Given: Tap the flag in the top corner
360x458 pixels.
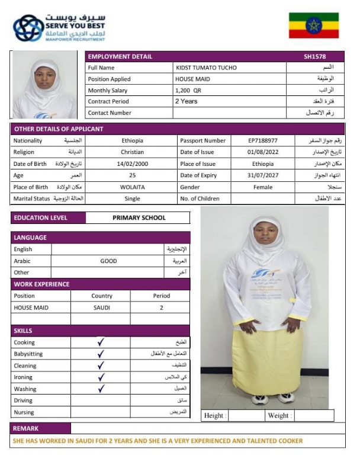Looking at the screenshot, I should point(313,25).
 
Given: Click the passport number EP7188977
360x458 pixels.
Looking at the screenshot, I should point(263,141).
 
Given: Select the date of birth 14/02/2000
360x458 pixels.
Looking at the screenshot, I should point(131,164).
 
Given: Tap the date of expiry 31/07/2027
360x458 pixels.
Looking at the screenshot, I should point(263,175).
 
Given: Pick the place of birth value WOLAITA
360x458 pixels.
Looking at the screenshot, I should point(132,187).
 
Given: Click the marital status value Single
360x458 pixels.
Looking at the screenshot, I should point(132,199).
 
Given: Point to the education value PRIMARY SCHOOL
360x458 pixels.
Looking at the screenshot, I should point(139,218).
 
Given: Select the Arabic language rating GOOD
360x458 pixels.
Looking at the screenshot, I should point(108,261).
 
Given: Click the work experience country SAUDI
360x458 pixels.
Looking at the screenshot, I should point(102,308).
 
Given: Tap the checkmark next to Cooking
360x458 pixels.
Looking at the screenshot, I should point(101,342).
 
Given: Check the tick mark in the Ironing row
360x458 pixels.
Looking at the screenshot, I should point(101,377).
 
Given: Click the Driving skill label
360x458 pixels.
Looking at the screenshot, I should point(24,401).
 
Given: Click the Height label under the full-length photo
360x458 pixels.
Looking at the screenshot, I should point(214,416).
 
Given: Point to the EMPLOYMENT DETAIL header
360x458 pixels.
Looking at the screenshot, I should point(120,57).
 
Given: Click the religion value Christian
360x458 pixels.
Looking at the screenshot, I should point(132,152).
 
